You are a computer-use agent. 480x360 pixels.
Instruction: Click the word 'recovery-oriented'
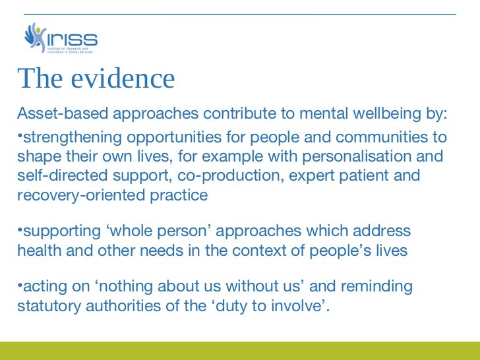(x=75, y=195)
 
